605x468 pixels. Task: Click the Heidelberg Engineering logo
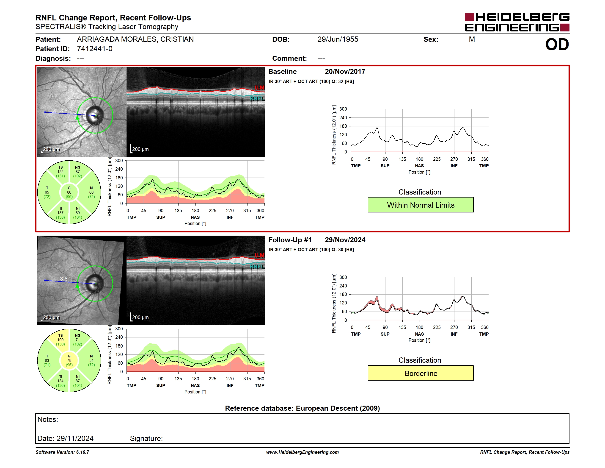[x=517, y=22]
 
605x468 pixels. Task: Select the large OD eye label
[x=557, y=45]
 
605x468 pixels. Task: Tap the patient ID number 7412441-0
[x=95, y=49]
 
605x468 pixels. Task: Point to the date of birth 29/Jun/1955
[x=338, y=39]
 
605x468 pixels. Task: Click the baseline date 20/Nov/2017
[x=345, y=72]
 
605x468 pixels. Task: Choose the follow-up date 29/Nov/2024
[x=345, y=240]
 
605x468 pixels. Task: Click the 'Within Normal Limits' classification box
[x=421, y=205]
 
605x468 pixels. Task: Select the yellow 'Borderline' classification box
[x=421, y=373]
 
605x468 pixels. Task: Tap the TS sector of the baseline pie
[x=60, y=172]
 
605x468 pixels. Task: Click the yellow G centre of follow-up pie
[x=69, y=360]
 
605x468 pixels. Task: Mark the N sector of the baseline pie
[x=91, y=192]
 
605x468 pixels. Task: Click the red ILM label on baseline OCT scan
[x=259, y=88]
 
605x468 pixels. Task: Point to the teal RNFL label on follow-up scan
[x=257, y=266]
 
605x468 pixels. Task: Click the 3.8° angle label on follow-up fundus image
[x=65, y=278]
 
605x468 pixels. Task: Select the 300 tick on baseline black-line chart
[x=343, y=109]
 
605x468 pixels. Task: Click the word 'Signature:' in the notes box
[x=146, y=438]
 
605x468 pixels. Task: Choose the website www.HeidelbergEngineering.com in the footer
[x=302, y=452]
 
